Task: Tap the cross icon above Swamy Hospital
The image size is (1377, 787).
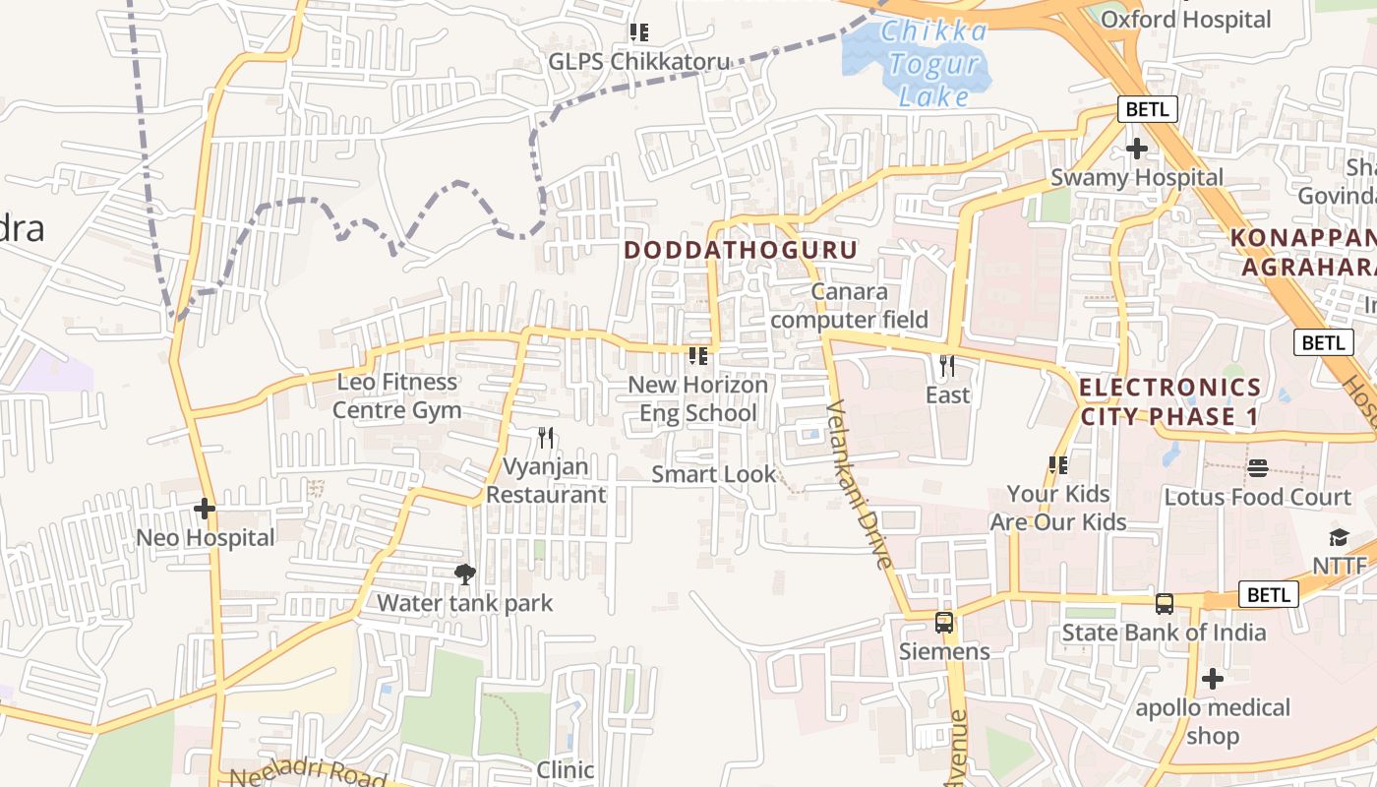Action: pyautogui.click(x=1137, y=150)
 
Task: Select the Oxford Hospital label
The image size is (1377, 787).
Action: pyautogui.click(x=1185, y=20)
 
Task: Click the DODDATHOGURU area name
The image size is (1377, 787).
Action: pyautogui.click(x=741, y=250)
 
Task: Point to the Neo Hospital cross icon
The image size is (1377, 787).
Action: pyautogui.click(x=205, y=510)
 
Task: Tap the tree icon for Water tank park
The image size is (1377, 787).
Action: pyautogui.click(x=465, y=575)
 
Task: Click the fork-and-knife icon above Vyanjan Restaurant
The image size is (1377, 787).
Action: pyautogui.click(x=546, y=437)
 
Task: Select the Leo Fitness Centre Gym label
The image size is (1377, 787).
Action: pyautogui.click(x=396, y=395)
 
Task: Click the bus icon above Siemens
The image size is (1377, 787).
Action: pyautogui.click(x=944, y=623)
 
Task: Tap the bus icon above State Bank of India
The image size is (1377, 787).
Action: pyautogui.click(x=1165, y=604)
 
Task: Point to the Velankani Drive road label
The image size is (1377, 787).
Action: pyautogui.click(x=859, y=484)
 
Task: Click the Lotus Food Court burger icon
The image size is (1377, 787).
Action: pyautogui.click(x=1258, y=468)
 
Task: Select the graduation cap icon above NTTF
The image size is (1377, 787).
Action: pyautogui.click(x=1339, y=537)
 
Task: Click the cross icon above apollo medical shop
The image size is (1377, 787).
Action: pyautogui.click(x=1213, y=679)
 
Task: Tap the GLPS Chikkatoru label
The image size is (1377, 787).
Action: pyautogui.click(x=639, y=61)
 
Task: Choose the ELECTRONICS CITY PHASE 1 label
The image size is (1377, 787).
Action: pyautogui.click(x=1169, y=401)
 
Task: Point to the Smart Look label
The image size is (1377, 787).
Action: pyautogui.click(x=714, y=474)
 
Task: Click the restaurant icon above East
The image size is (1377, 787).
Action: pyautogui.click(x=947, y=366)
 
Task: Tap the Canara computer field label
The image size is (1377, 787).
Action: pyautogui.click(x=850, y=306)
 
